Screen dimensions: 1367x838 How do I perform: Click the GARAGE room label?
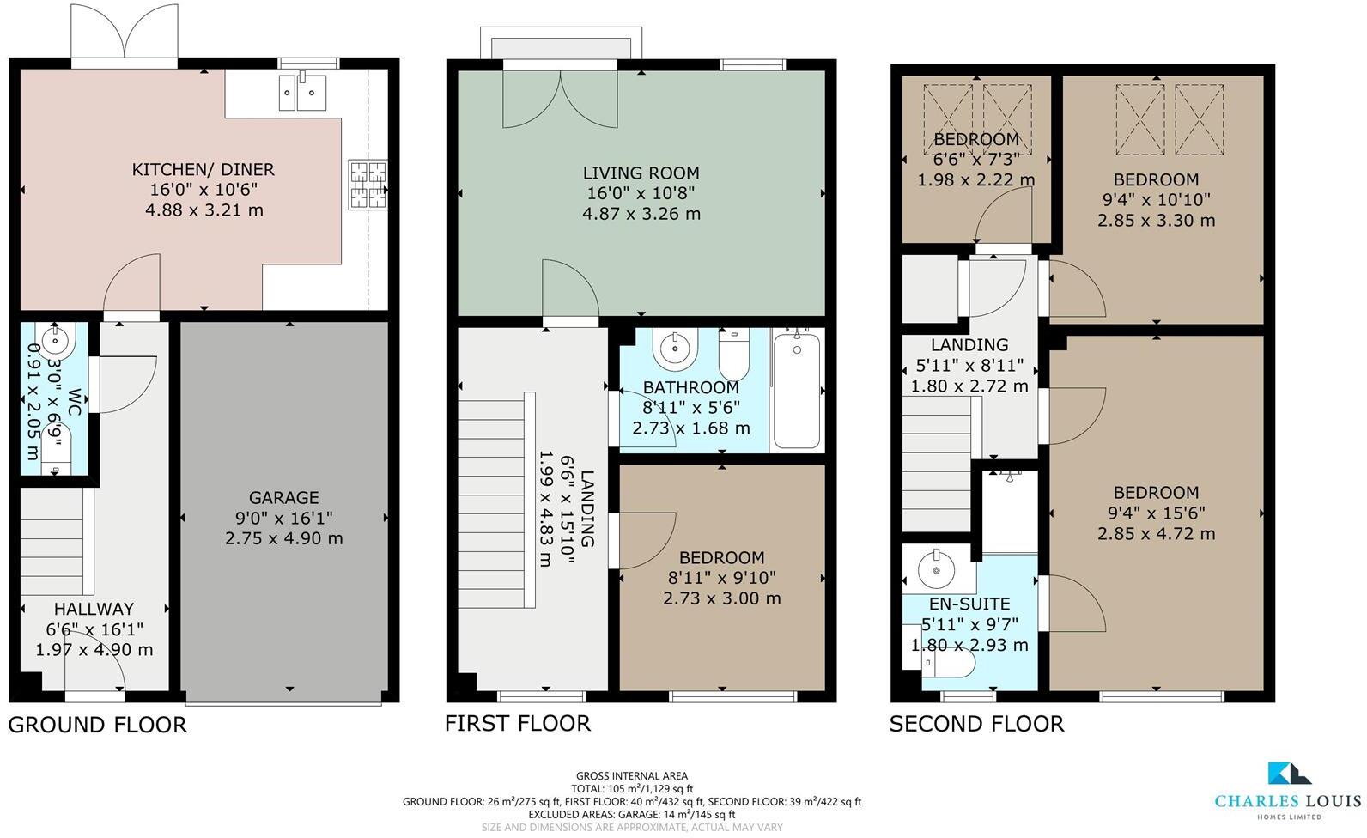click(x=283, y=497)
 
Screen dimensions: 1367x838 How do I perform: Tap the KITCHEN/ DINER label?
click(x=204, y=169)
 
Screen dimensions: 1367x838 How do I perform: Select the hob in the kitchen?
click(x=368, y=185)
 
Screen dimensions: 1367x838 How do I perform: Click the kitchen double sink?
click(x=303, y=92)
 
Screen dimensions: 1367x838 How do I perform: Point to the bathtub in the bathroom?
click(x=796, y=391)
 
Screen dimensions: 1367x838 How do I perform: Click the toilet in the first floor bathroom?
click(x=733, y=355)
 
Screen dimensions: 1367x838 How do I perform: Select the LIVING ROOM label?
click(x=641, y=173)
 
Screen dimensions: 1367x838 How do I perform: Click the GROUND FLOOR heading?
click(x=97, y=725)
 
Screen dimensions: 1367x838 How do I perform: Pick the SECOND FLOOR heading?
click(x=976, y=723)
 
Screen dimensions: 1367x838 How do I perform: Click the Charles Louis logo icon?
click(x=1289, y=774)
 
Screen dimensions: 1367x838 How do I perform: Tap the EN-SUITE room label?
click(x=969, y=604)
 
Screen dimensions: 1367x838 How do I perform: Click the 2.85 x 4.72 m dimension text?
click(x=1156, y=533)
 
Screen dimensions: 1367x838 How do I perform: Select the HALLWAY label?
click(x=94, y=609)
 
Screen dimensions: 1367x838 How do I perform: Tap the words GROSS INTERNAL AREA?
click(x=632, y=775)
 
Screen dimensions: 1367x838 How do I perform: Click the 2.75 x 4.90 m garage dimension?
click(x=283, y=538)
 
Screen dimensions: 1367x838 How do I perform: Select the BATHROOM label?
click(x=691, y=387)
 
